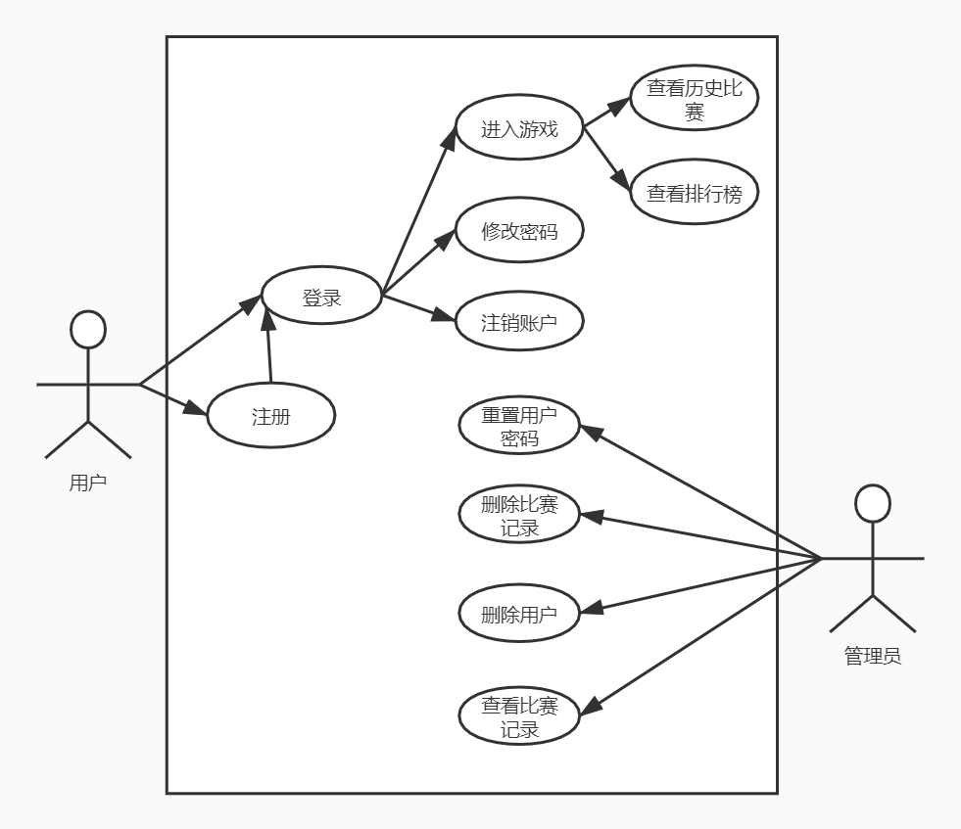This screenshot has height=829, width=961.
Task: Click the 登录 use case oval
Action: [321, 297]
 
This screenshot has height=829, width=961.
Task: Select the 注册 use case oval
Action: [271, 415]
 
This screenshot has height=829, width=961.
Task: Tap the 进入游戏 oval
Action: [519, 128]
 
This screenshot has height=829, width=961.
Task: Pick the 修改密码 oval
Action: [519, 231]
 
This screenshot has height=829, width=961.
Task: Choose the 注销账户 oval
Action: [519, 322]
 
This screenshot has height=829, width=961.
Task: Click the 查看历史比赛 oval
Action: [695, 99]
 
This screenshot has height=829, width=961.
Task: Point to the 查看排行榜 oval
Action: [695, 193]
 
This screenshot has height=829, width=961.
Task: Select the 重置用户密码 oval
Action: [519, 426]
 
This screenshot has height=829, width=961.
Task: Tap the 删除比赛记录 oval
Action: [519, 516]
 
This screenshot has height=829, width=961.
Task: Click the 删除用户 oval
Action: [519, 615]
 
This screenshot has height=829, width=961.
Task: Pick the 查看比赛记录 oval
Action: [519, 716]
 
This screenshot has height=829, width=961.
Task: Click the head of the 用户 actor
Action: [88, 330]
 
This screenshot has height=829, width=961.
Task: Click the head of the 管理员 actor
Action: [872, 503]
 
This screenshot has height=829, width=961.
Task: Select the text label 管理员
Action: [872, 656]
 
